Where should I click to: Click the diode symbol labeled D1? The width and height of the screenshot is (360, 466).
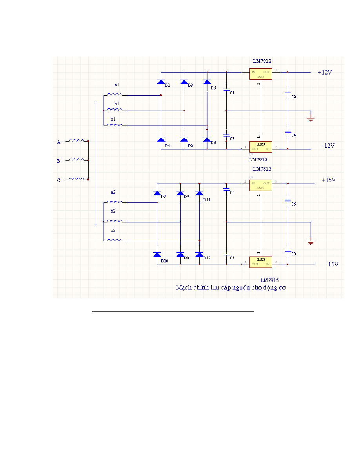point(161,82)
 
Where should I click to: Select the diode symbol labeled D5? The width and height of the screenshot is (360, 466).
point(207,82)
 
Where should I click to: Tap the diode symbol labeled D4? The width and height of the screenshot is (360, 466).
point(161,140)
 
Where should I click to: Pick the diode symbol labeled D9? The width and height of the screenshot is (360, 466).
point(180,193)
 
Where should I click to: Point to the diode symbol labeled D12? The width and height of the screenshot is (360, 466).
point(199,255)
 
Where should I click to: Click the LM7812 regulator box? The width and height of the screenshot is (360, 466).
point(261,74)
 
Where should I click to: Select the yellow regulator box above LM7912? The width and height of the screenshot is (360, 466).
point(261,147)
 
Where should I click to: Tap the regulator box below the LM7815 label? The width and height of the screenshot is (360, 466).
point(261,185)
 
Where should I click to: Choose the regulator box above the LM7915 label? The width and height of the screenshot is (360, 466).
point(261,262)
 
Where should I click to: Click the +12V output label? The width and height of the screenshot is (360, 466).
point(325,73)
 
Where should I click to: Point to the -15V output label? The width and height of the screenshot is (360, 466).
point(332,264)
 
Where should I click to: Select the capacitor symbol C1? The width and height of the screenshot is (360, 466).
point(226,90)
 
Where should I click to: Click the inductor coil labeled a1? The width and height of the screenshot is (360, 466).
point(115,95)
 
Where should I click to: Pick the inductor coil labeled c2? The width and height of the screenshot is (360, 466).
point(115,240)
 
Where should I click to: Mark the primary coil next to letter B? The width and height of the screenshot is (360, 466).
point(76,160)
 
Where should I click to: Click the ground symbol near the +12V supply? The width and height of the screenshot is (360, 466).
point(311,119)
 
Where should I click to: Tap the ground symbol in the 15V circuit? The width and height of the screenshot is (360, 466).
point(311,242)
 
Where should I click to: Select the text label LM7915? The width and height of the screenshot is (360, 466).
point(270,280)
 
